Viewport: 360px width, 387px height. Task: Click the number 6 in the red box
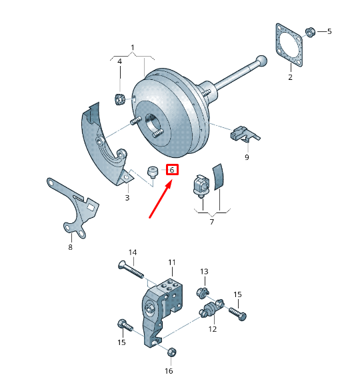click(172, 171)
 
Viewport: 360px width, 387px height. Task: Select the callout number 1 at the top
click(133, 47)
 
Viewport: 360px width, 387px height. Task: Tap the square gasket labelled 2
click(290, 45)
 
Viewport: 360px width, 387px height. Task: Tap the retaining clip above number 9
click(242, 134)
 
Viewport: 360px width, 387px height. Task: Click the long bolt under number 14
click(129, 269)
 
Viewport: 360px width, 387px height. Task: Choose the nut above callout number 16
click(169, 352)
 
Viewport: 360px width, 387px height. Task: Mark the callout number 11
click(171, 262)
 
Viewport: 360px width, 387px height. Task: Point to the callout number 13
click(205, 271)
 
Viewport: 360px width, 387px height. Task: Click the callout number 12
click(213, 328)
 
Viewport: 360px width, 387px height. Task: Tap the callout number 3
click(127, 198)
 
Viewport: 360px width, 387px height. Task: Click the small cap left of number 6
click(153, 172)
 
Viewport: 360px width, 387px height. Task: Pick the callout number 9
click(246, 157)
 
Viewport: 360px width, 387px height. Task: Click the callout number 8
click(69, 247)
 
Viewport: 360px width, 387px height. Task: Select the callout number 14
click(132, 252)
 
